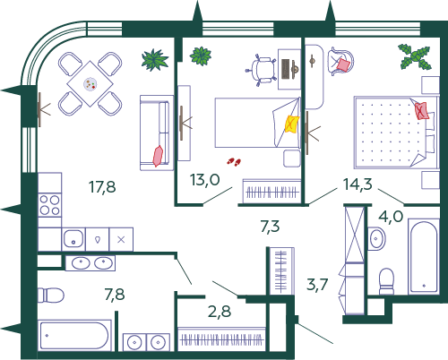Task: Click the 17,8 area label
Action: pos(102,187)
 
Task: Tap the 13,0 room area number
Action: pos(205,180)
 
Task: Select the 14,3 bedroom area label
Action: pos(358,184)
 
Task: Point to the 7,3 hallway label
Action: pos(270,227)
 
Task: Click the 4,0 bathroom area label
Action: pos(391,216)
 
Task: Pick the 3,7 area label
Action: pos(317,284)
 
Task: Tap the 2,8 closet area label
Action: pos(220,312)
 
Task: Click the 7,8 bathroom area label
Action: pos(115,295)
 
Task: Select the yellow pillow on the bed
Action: pos(291,124)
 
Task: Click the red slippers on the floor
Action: pos(234,162)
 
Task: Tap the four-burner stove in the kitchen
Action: pos(50,205)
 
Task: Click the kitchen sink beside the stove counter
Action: pos(73,238)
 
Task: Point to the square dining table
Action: pos(90,83)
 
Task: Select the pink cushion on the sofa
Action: pos(158,156)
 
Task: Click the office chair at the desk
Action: pos(261,70)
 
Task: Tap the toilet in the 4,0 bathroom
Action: pos(386,281)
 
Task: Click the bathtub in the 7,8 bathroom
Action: pos(74,335)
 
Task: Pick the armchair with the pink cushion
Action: pos(340,62)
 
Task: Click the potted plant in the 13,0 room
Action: pos(201,56)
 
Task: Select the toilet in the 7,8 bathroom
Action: pos(50,296)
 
